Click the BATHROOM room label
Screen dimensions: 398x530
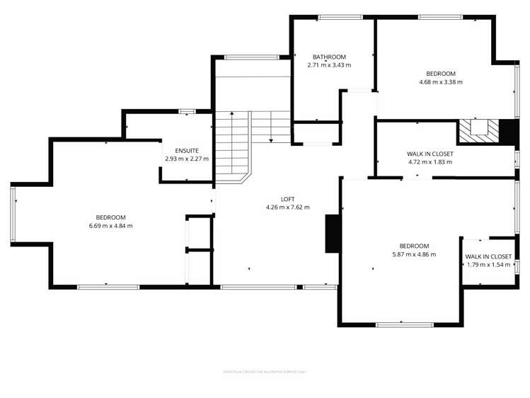coord(329,57)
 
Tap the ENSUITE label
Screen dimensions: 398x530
coord(187,150)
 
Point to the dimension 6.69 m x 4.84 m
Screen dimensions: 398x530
coord(111,226)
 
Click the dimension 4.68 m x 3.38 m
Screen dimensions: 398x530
coord(440,82)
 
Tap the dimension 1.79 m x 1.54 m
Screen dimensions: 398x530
coord(488,265)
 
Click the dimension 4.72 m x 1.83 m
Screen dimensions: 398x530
coord(430,162)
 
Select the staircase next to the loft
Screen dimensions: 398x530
coord(234,145)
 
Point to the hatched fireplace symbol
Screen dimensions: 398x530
coord(478,130)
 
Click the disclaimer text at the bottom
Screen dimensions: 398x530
coord(265,371)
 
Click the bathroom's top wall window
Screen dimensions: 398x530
coord(335,17)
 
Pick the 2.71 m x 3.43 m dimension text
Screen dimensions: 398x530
coord(329,65)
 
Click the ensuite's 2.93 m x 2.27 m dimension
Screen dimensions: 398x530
coord(187,159)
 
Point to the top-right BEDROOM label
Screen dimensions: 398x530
coord(440,74)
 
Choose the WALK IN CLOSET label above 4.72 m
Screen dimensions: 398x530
coord(430,154)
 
